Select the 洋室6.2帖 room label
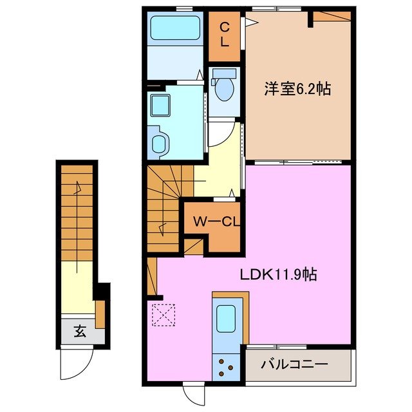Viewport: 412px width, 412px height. tap(298, 89)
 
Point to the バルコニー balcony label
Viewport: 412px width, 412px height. tap(294, 365)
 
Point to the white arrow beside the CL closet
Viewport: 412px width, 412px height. tap(250, 23)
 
